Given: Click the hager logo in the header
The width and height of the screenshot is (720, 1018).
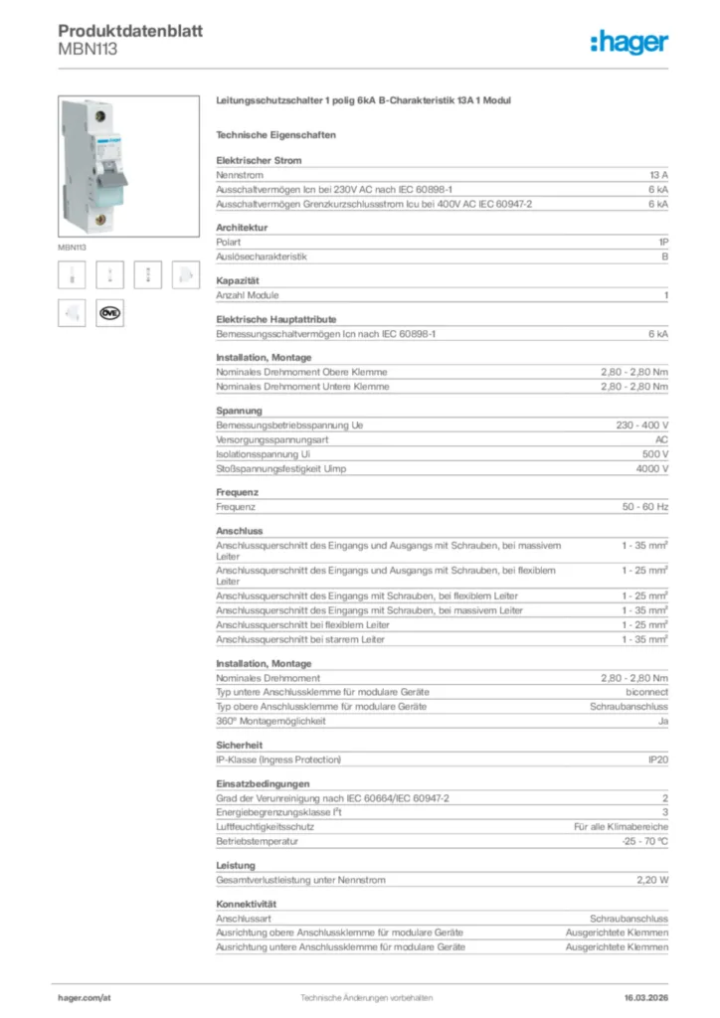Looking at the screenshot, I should [629, 42].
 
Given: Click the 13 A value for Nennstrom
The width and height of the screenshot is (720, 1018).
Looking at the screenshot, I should [658, 174].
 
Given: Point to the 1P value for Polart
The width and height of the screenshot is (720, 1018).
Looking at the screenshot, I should [662, 242].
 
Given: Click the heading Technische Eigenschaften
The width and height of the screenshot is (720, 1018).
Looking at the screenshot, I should [275, 134].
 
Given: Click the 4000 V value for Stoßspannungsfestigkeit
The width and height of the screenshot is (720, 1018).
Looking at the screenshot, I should [651, 468].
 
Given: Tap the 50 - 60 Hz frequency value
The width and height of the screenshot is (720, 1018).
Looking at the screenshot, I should [645, 506].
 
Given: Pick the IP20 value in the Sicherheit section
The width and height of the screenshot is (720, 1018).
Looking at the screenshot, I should [657, 760].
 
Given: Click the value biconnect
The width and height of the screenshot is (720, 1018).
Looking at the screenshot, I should [646, 692].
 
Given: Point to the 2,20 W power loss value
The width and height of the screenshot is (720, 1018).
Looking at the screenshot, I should [651, 880].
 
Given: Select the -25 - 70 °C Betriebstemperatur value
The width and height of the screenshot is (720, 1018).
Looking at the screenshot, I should [643, 841].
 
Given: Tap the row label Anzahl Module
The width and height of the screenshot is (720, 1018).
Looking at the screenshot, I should [248, 295].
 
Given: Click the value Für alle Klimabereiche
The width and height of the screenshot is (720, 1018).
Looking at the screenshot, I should [621, 827].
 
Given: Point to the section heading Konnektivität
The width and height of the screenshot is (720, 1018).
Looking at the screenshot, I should [246, 904].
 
